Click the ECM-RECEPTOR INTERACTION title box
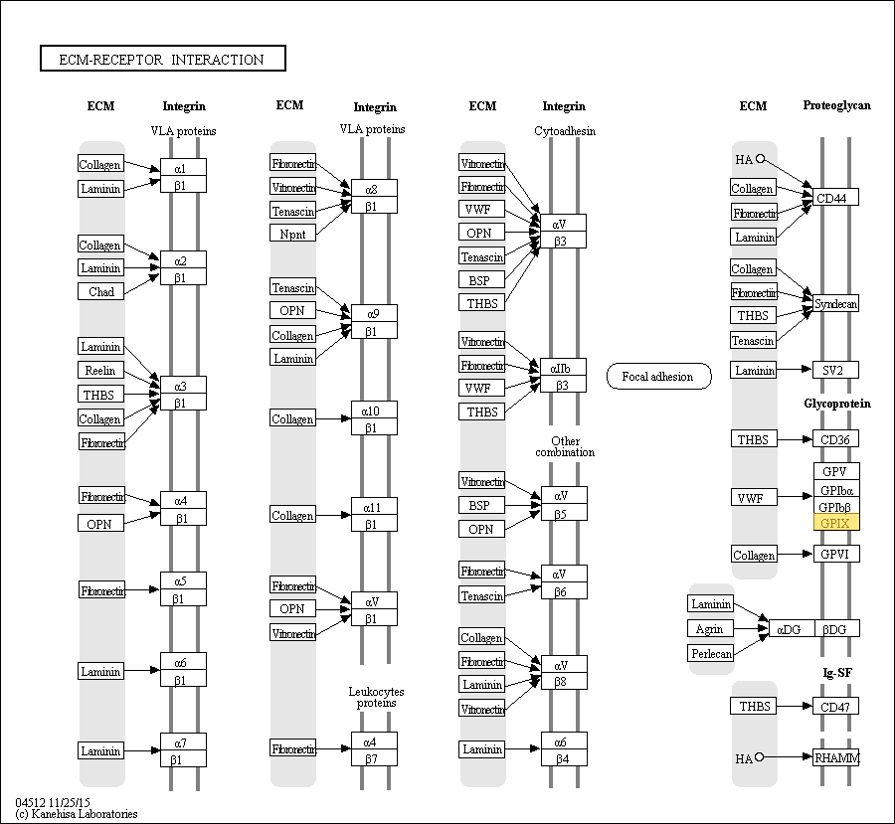162,60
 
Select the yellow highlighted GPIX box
835,523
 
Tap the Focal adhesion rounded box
658,377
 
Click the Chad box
101,292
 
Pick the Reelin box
101,371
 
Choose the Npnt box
292,234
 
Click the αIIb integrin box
563,367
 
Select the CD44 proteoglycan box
835,198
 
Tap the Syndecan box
835,303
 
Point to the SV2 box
835,370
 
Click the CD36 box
835,439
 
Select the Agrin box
711,628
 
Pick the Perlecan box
711,653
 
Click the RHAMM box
835,757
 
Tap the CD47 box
835,707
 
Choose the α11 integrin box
374,507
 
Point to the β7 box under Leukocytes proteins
374,758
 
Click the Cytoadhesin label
565,131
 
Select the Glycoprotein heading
836,404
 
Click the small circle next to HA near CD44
760,158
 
